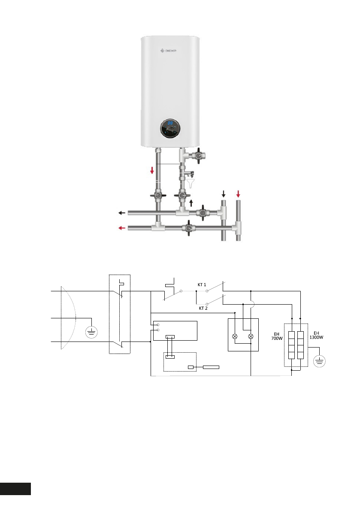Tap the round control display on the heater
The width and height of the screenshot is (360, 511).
171,128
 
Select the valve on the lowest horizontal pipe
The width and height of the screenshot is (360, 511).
188,228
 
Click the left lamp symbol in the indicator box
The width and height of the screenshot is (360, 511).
235,336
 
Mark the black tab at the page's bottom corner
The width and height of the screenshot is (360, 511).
15,489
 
